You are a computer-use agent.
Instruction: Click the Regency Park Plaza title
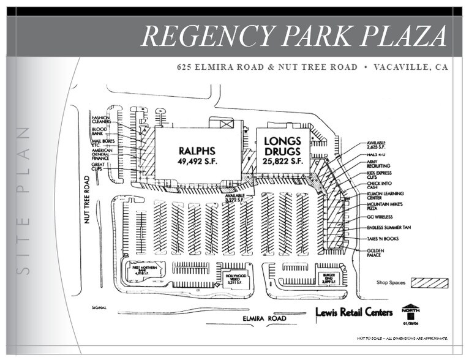click(x=294, y=37)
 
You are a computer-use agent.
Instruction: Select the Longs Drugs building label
click(x=283, y=151)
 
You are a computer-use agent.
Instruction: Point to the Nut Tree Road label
click(x=88, y=200)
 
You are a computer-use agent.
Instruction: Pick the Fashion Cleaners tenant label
click(x=101, y=119)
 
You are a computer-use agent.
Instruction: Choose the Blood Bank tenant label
click(x=99, y=131)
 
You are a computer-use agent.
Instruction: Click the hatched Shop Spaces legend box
click(x=429, y=283)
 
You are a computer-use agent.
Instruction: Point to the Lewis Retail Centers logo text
click(x=354, y=312)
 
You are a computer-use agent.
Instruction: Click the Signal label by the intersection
click(x=99, y=307)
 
